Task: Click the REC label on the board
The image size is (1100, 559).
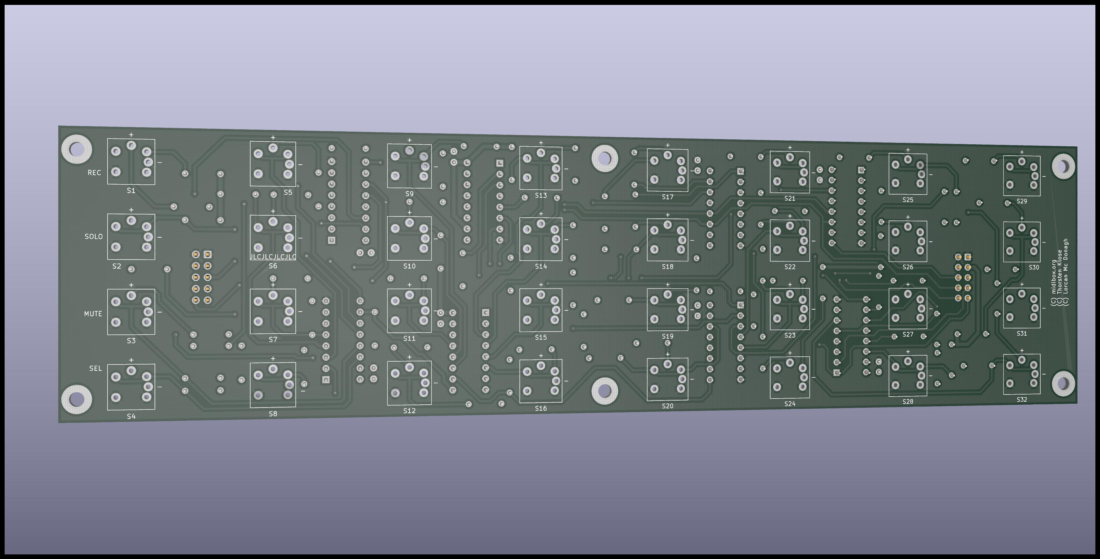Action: (94, 173)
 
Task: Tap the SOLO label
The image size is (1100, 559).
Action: (93, 237)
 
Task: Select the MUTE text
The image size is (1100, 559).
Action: (93, 314)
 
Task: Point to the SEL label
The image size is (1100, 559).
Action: (96, 369)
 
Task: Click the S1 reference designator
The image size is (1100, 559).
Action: (131, 190)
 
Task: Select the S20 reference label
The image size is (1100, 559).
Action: (667, 406)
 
